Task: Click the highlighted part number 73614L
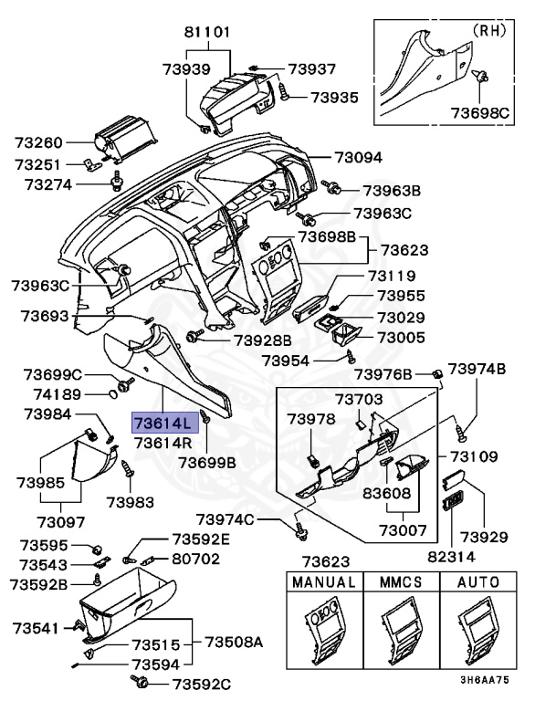(163, 423)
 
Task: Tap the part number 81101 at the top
(208, 31)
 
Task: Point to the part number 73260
(38, 142)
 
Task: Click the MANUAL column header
(323, 581)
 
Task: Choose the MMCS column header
(400, 581)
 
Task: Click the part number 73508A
(234, 642)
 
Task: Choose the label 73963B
(392, 191)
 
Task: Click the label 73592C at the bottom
(201, 684)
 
